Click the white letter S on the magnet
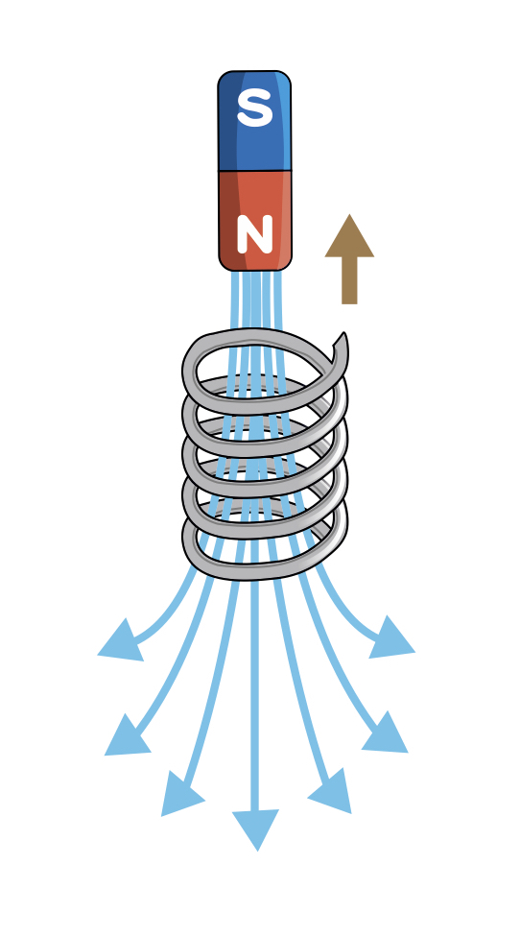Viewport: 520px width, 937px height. click(255, 108)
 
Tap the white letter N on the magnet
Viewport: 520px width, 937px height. click(255, 234)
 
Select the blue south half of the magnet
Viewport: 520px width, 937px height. click(255, 121)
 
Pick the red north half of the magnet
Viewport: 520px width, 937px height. click(255, 221)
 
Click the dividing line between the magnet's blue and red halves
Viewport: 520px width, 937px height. click(255, 171)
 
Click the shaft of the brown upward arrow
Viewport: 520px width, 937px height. click(349, 280)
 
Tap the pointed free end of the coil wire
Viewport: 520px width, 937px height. click(343, 335)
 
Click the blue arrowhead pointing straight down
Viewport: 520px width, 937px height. click(255, 828)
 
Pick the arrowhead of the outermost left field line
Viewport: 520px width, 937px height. click(123, 641)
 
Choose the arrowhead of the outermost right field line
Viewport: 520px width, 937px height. click(390, 638)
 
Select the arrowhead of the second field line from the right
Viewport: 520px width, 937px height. click(386, 734)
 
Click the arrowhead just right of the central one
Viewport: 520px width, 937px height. click(332, 792)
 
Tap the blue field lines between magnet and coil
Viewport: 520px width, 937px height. click(255, 300)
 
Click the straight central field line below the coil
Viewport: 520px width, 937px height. click(255, 693)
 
